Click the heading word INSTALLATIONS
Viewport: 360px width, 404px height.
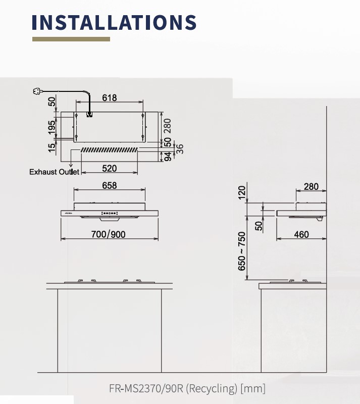114,22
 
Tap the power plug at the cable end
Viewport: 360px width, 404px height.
37,91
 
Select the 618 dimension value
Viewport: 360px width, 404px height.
109,98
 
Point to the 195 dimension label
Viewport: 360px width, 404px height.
52,127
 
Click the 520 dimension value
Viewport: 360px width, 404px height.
109,169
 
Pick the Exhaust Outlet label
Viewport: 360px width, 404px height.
54,172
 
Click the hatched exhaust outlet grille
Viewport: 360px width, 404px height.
109,149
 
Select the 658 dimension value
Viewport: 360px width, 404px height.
109,185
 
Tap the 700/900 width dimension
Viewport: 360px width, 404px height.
108,234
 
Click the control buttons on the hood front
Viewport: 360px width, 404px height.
110,213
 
